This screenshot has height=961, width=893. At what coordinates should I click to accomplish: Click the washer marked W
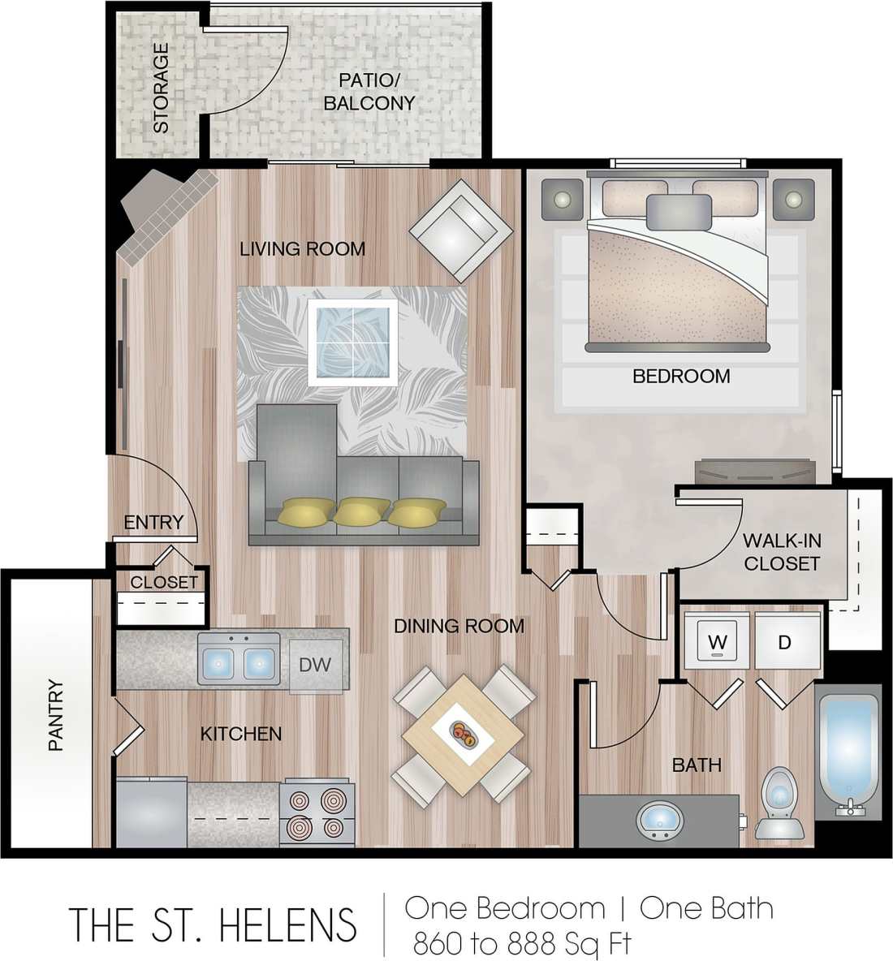click(x=716, y=641)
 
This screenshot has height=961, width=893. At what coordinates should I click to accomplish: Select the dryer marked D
click(x=785, y=641)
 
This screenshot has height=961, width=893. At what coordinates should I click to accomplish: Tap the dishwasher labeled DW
click(x=316, y=665)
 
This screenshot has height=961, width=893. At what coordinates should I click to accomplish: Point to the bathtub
click(x=848, y=751)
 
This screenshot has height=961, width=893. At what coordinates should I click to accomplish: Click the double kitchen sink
click(x=239, y=660)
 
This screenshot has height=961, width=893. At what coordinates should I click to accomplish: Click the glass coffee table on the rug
click(x=353, y=342)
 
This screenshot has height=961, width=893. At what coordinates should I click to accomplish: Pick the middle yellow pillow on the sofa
click(x=361, y=511)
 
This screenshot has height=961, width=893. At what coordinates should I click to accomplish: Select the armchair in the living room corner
click(x=460, y=229)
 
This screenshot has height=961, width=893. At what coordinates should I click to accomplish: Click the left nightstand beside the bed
click(x=561, y=199)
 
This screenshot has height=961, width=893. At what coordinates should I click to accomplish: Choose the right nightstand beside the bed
click(x=792, y=199)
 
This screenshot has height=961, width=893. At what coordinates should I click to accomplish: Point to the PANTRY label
click(x=55, y=715)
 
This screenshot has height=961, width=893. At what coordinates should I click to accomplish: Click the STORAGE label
click(x=161, y=88)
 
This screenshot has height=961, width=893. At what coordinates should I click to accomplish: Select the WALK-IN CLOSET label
click(x=781, y=552)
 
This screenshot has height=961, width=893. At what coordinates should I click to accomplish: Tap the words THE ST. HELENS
click(x=213, y=924)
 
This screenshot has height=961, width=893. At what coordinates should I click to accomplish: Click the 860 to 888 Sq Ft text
click(x=522, y=944)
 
